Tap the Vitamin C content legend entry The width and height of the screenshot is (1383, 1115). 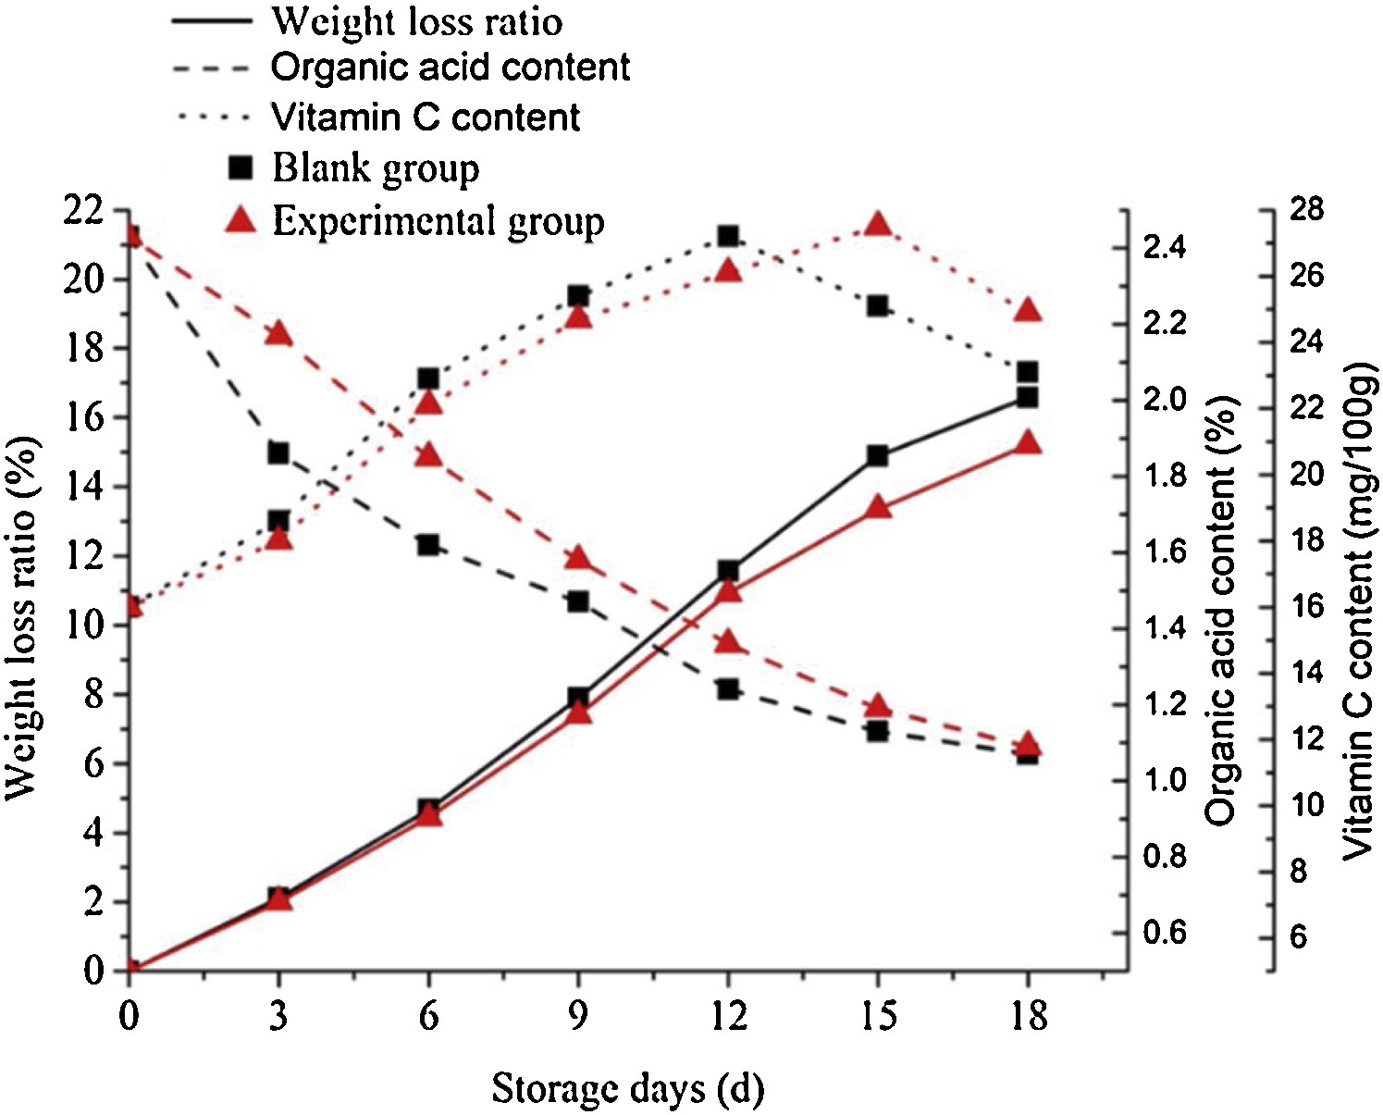[x=426, y=118]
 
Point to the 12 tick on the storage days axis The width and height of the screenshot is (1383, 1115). [x=728, y=1016]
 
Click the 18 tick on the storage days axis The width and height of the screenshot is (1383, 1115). [x=1028, y=1016]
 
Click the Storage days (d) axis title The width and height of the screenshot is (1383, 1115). [x=627, y=1089]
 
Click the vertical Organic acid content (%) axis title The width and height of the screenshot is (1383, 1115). [x=1222, y=611]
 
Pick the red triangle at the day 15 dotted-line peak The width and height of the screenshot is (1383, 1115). [x=878, y=225]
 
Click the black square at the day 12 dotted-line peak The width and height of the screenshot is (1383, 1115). [x=728, y=236]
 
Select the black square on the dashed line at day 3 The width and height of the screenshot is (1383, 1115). [x=278, y=453]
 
